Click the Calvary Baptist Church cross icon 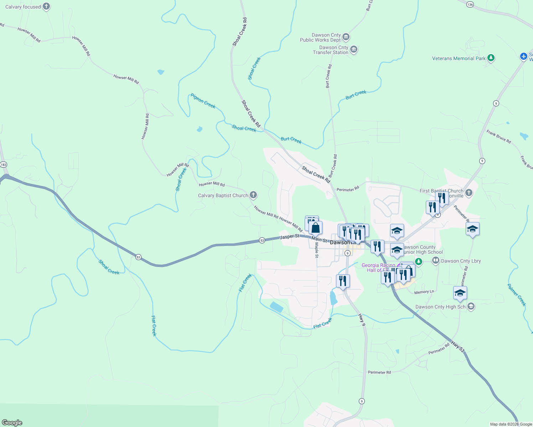pyautogui.click(x=253, y=195)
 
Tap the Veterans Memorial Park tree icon pyautogui.click(x=491, y=58)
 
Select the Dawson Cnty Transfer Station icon pyautogui.click(x=354, y=49)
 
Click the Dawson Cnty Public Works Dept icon pyautogui.click(x=346, y=37)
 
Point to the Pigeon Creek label pyautogui.click(x=203, y=101)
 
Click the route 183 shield pyautogui.click(x=4, y=164)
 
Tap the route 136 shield pyautogui.click(x=470, y=4)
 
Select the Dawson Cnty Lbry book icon pyautogui.click(x=435, y=261)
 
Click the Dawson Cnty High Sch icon pyautogui.click(x=471, y=306)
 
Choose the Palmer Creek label pyautogui.click(x=517, y=295)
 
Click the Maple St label pyautogui.click(x=316, y=250)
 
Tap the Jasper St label pyautogui.click(x=290, y=237)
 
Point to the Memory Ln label pyautogui.click(x=424, y=292)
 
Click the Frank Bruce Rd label pyautogui.click(x=498, y=137)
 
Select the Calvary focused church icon pyautogui.click(x=46, y=6)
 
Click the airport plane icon pyautogui.click(x=523, y=56)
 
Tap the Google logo pyautogui.click(x=12, y=423)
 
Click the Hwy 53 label pyautogui.click(x=458, y=347)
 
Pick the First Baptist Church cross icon pyautogui.click(x=469, y=193)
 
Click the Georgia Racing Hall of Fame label pyautogui.click(x=378, y=268)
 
